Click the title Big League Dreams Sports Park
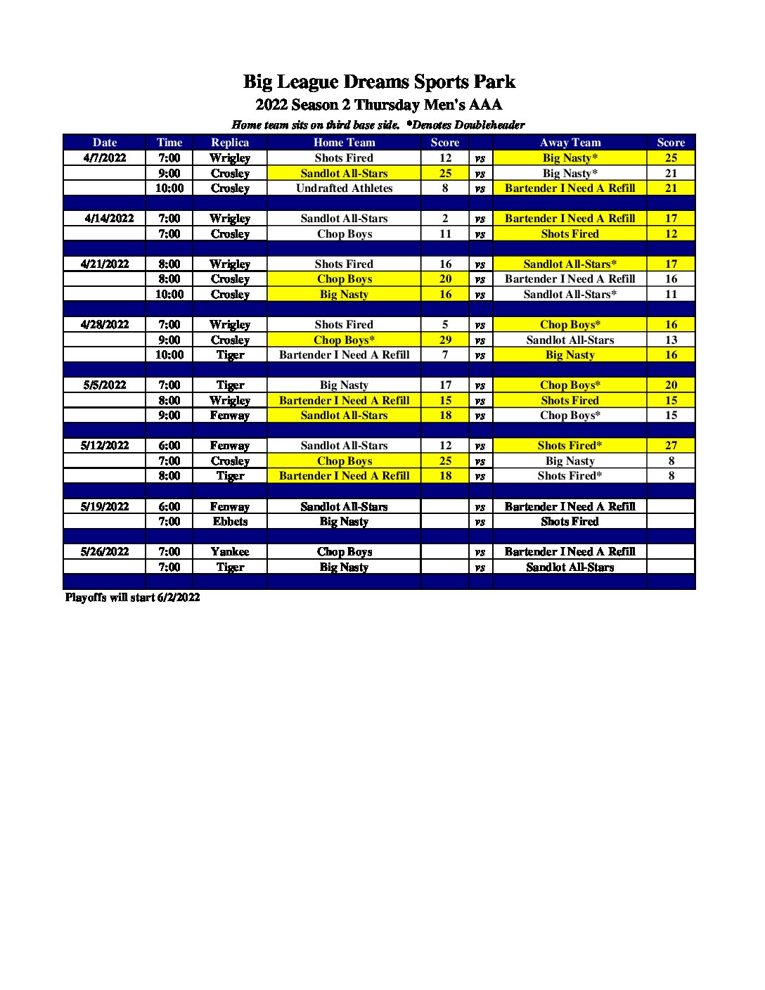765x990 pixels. [379, 82]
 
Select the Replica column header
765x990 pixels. [230, 142]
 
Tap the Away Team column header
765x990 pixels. [570, 142]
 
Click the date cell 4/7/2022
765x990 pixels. [105, 158]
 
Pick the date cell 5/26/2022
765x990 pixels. [105, 552]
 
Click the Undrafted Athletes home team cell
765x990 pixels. [344, 188]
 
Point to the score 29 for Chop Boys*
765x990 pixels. [445, 340]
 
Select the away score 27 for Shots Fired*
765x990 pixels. [671, 446]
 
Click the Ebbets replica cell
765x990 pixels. [230, 522]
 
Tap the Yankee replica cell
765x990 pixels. [230, 552]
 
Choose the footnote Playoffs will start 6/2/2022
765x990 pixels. [132, 598]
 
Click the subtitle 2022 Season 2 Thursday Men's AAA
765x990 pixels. [379, 105]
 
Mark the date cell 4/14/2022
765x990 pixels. [109, 219]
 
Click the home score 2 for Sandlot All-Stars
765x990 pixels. [445, 219]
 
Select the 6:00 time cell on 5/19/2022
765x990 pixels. [169, 507]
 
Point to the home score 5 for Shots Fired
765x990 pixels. [445, 325]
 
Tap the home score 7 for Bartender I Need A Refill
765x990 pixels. [445, 355]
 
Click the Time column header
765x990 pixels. [169, 142]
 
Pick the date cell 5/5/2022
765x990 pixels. [105, 385]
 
